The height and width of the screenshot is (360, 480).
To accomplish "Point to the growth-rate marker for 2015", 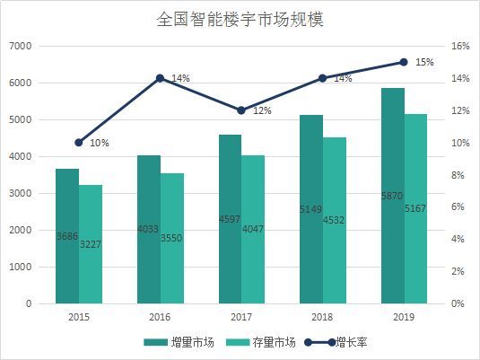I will pos(78,143).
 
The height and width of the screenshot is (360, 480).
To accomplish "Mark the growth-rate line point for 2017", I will pos(240,110).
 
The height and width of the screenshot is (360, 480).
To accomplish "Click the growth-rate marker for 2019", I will pos(404,62).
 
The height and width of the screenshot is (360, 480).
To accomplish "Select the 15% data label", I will pos(424,63).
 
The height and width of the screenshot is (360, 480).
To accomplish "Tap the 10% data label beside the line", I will pos(100,144).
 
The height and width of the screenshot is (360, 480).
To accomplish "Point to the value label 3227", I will pos(92,244).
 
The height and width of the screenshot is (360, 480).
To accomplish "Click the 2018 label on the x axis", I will pos(322,316).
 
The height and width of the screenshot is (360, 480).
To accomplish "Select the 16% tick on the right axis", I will pos(458,46).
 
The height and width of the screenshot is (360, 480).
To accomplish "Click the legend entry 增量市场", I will pos(179,342).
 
